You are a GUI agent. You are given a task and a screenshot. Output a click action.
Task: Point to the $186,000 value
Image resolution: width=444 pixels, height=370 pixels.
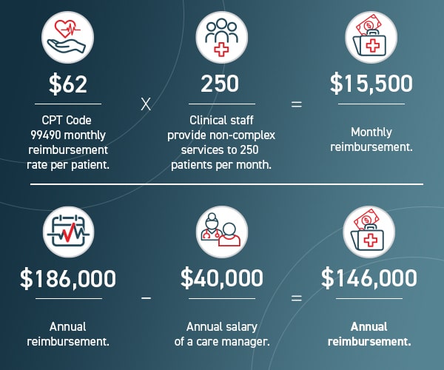tap(68, 278)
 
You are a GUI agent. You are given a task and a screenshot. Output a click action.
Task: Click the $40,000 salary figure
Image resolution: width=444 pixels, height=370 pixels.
tap(222, 278)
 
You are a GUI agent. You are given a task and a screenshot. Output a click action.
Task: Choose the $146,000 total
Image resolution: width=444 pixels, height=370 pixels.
tap(369, 278)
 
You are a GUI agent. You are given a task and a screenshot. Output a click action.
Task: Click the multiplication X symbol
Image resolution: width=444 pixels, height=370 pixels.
tap(146, 104)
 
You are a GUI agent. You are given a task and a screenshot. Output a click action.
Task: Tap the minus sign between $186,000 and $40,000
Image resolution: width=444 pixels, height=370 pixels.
tap(146, 297)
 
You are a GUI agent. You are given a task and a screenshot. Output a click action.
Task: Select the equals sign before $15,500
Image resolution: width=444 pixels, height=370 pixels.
tap(296, 104)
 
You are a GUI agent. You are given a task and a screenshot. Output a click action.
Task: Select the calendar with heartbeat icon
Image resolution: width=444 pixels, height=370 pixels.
tap(68, 230)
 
